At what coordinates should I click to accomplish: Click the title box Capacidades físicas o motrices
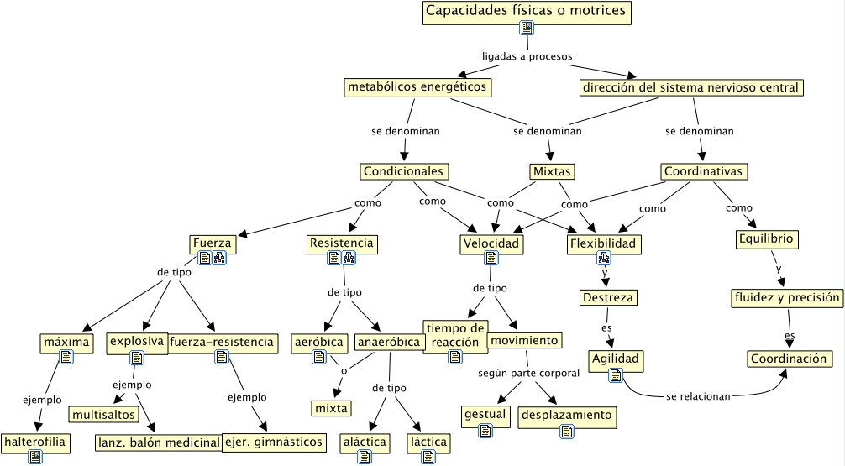click(526, 12)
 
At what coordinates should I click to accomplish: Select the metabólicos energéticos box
click(417, 86)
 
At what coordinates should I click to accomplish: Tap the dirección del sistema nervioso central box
click(691, 87)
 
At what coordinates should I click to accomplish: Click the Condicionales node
click(403, 171)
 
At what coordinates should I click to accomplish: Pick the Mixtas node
click(552, 171)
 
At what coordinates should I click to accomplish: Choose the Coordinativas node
click(703, 171)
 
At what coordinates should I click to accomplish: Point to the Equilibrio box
click(766, 239)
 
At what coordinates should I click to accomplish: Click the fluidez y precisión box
click(787, 298)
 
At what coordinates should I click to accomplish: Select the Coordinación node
click(789, 359)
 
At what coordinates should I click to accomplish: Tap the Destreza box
click(608, 298)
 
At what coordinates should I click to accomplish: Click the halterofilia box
click(34, 441)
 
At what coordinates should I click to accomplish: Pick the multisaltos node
click(103, 415)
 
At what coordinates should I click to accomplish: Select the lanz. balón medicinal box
click(158, 442)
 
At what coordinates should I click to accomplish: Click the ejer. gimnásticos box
click(273, 442)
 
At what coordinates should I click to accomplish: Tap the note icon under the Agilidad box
click(615, 374)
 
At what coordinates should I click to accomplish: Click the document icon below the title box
click(527, 29)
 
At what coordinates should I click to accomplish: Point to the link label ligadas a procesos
click(527, 57)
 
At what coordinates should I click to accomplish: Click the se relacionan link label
click(698, 396)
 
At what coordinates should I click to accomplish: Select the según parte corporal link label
click(529, 372)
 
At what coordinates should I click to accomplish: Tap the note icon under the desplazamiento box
click(568, 432)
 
